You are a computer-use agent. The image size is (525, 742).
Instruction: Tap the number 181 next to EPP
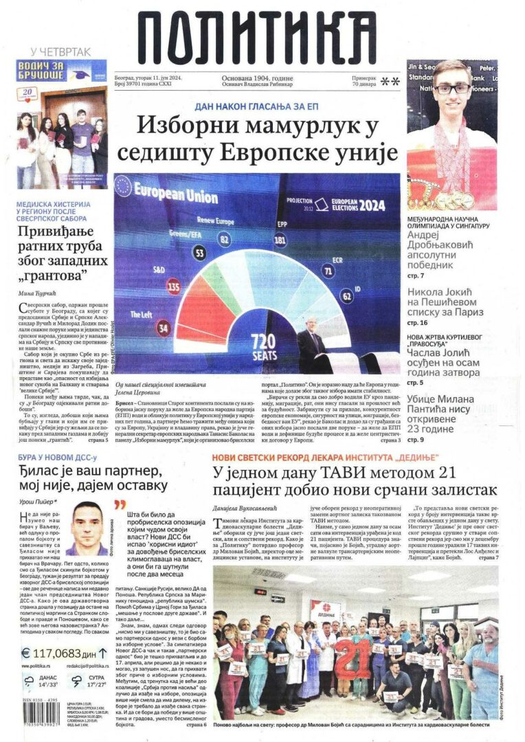[280, 240]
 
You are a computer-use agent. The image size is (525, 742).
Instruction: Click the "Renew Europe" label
[214, 220]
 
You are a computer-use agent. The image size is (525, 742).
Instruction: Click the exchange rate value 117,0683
[51, 653]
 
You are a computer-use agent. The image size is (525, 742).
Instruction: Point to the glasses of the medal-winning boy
[451, 89]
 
